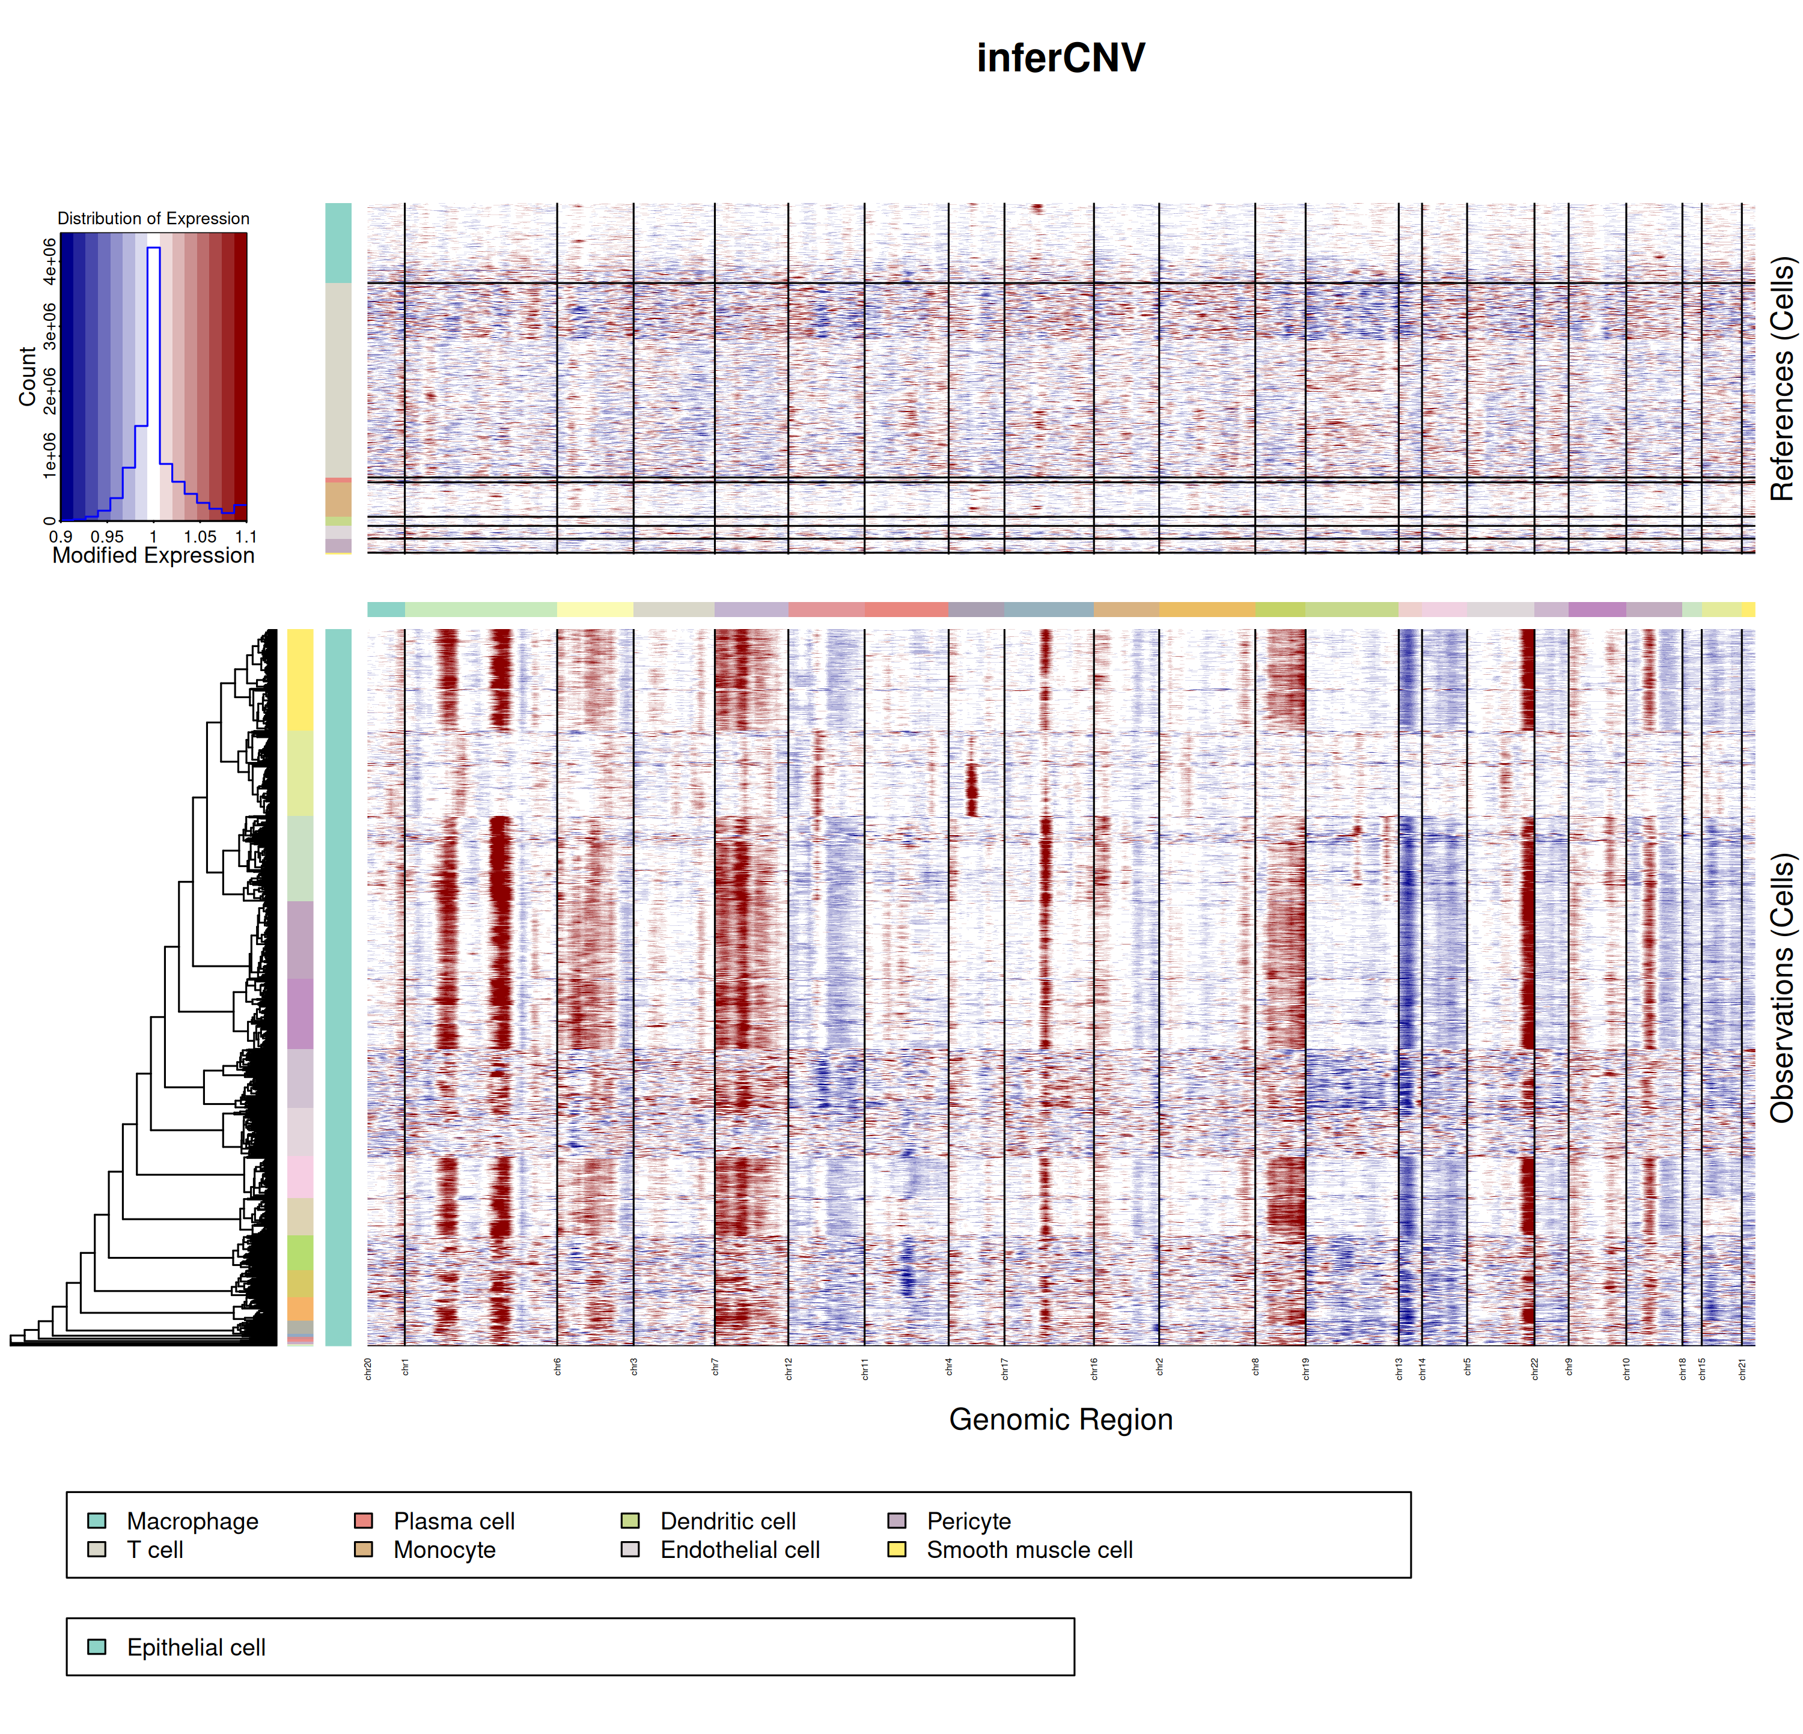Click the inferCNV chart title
1061,58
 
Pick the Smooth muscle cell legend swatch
897,1549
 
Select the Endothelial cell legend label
740,1550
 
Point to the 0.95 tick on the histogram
107,536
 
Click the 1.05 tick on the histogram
200,536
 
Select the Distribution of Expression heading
154,218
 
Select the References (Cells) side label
1782,378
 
